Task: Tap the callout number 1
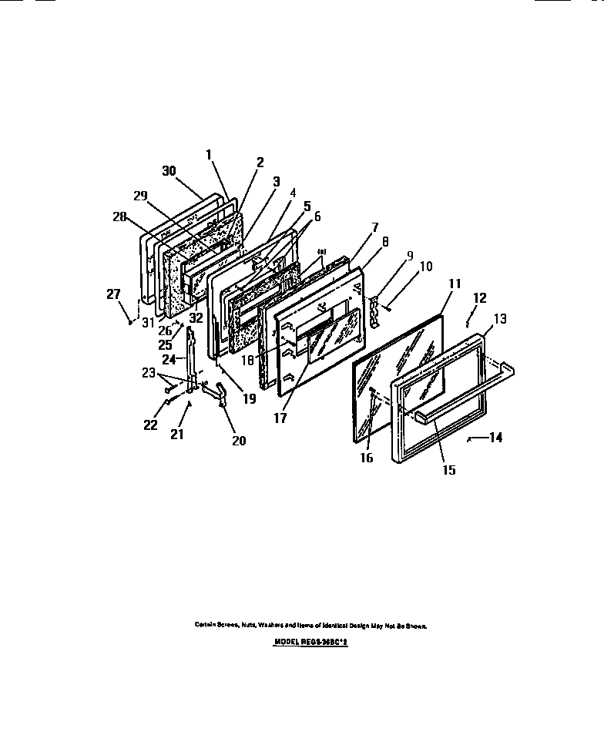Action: [209, 154]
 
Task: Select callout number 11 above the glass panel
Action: [455, 284]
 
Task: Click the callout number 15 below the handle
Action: [448, 468]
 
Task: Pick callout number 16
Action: [367, 458]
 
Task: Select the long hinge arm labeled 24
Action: [190, 362]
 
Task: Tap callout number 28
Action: [119, 217]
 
